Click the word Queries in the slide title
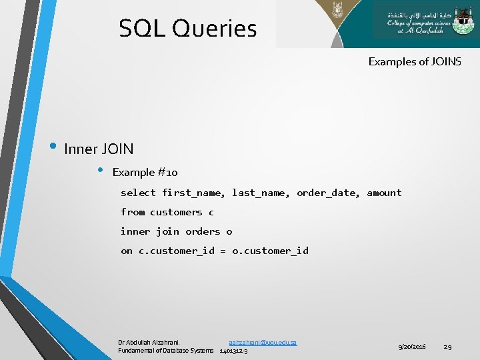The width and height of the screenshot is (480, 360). point(214,29)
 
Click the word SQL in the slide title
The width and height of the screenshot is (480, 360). point(142,29)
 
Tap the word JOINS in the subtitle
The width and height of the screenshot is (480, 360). point(444,62)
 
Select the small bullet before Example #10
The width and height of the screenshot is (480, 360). point(100,170)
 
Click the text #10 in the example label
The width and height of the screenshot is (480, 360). point(167,173)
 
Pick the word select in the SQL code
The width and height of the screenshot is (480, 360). point(138,193)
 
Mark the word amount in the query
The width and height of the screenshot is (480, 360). point(384,193)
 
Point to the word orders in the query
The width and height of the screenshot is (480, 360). point(203,231)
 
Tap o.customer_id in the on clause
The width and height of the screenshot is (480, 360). point(270,251)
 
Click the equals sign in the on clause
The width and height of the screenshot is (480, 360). point(223,251)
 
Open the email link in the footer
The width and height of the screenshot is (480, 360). point(263,342)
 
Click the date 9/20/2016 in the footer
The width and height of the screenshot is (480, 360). point(412,347)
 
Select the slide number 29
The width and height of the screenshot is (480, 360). point(448,347)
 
